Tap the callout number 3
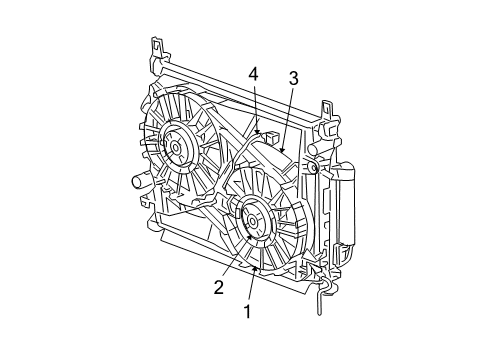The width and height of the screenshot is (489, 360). pyautogui.click(x=293, y=77)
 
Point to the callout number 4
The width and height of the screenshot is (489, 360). pyautogui.click(x=254, y=73)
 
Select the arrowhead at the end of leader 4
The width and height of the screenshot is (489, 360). pyautogui.click(x=258, y=131)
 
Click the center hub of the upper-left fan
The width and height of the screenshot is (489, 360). pyautogui.click(x=176, y=148)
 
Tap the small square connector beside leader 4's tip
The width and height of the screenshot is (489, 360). pyautogui.click(x=270, y=130)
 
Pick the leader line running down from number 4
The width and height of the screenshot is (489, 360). pyautogui.click(x=256, y=105)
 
